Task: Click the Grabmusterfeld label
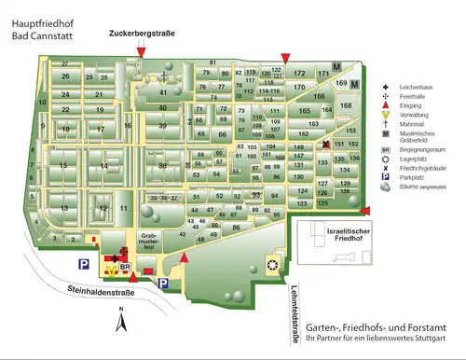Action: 150,238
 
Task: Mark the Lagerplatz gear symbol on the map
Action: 272,265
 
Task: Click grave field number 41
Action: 163,93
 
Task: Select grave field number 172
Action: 299,73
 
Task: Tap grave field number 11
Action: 123,207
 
